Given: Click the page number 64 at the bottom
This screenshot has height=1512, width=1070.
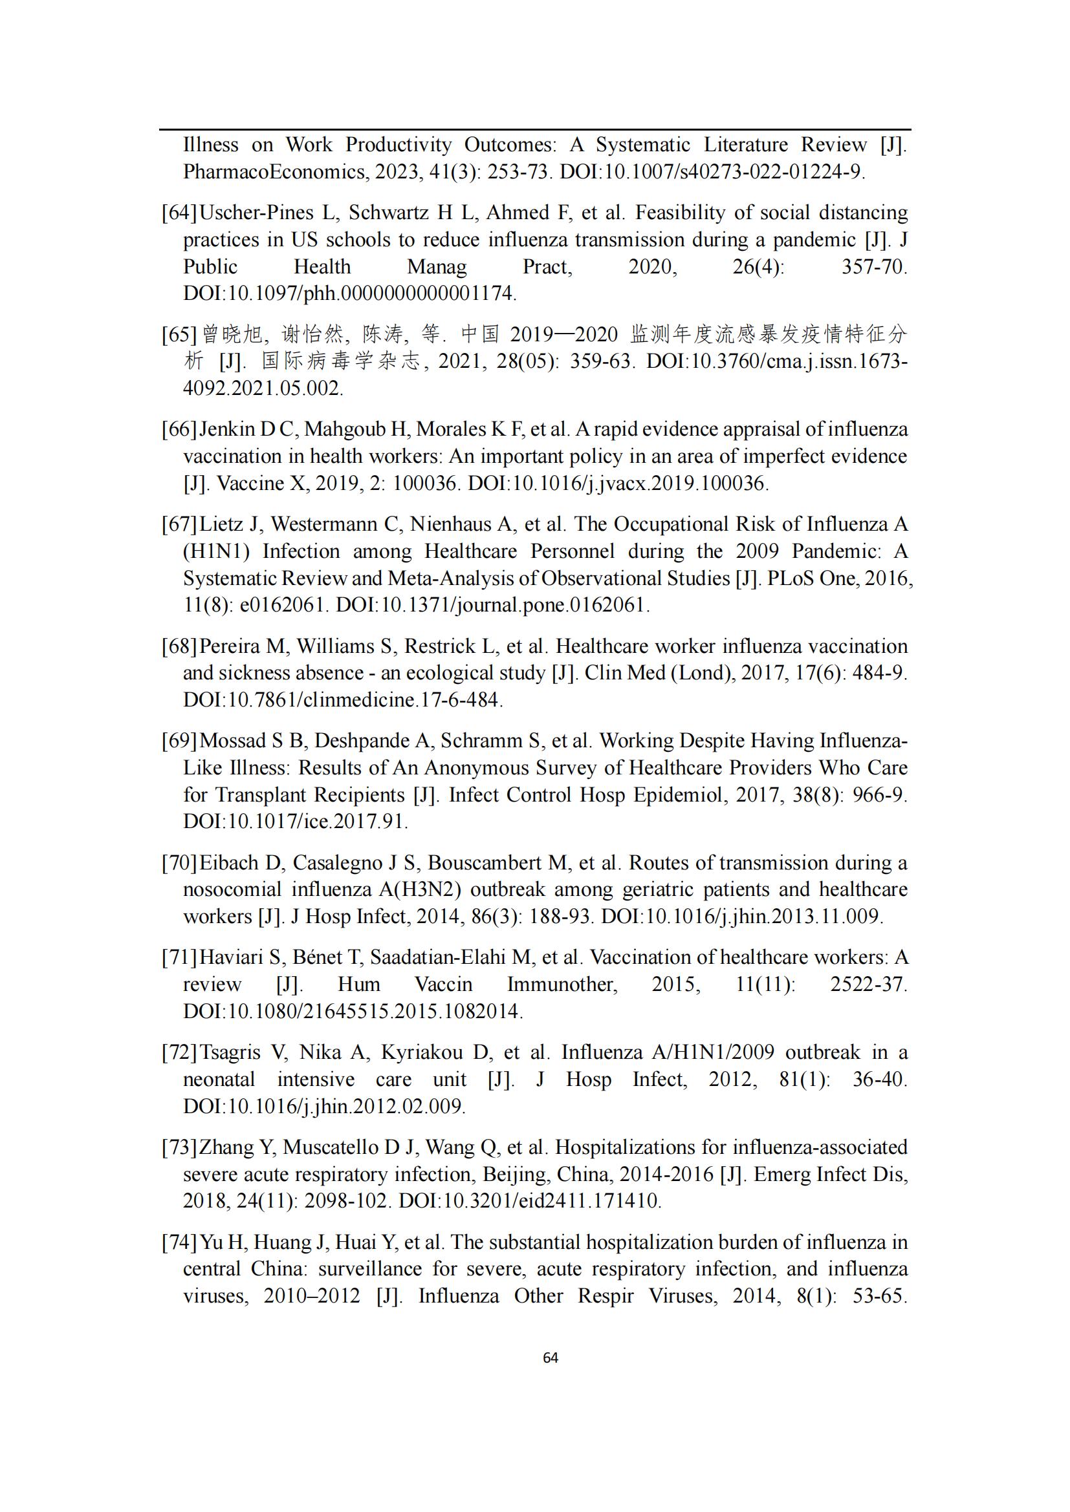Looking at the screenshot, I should point(550,1358).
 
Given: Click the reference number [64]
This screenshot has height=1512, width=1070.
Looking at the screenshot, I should point(179,213).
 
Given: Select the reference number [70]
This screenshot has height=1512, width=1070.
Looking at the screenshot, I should point(179,863).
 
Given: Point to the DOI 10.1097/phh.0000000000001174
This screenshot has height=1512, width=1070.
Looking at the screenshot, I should point(349,293).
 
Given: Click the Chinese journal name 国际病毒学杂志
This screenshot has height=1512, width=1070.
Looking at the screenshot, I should point(340,361).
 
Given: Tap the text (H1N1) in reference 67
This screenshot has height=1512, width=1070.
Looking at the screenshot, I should point(215,551).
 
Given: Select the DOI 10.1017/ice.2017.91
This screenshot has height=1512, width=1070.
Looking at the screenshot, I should point(295,822).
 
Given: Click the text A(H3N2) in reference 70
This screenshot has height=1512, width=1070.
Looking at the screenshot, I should point(419,889).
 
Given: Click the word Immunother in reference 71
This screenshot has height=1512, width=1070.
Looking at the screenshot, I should point(562,985).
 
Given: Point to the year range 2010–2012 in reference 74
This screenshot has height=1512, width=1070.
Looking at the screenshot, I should point(312,1296).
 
